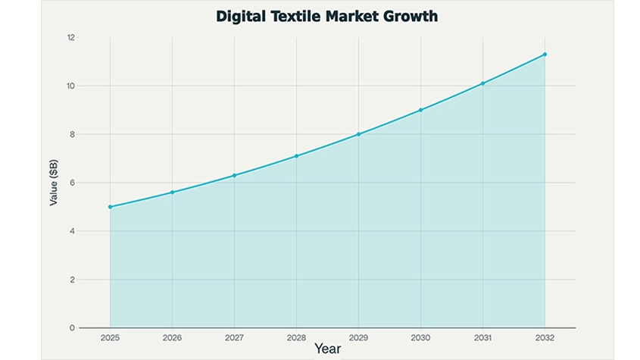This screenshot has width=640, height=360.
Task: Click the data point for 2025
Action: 110,207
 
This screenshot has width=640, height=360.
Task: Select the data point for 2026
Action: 172,193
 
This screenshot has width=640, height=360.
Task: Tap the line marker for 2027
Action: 234,175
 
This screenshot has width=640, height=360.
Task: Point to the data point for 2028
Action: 296,156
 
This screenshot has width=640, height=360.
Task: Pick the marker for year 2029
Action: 358,134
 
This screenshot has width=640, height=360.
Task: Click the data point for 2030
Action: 420,110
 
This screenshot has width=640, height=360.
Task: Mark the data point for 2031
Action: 482,83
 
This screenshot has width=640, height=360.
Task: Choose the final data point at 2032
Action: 545,55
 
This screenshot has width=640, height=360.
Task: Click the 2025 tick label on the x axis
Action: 110,337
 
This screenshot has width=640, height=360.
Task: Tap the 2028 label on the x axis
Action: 296,337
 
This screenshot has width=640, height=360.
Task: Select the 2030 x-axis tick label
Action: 420,337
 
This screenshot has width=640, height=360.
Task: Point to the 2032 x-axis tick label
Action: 545,337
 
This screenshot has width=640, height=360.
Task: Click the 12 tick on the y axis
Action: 71,37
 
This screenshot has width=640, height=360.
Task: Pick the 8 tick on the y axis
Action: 73,134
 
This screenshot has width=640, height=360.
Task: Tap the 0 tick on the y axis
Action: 73,328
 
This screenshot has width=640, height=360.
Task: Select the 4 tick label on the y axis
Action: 73,231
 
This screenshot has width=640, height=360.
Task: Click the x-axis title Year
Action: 327,349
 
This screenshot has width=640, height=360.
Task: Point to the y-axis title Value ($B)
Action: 54,183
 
